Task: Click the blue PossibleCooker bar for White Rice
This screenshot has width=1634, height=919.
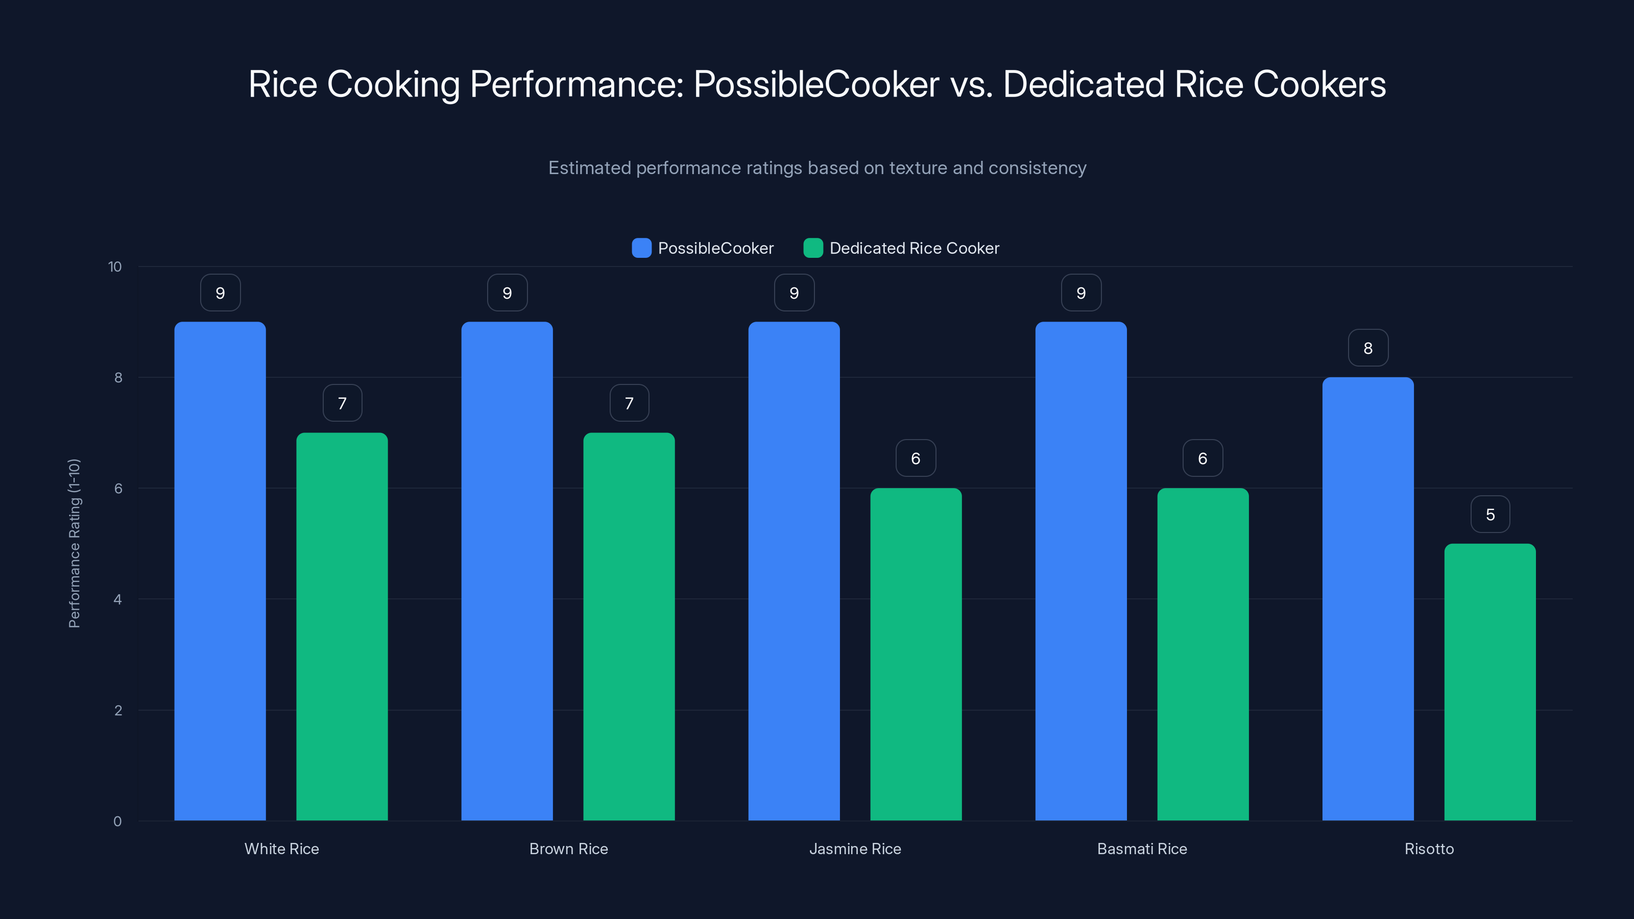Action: tap(220, 571)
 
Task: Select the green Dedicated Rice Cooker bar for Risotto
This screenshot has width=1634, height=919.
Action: tap(1489, 682)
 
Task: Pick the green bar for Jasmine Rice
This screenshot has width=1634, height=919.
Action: tap(916, 654)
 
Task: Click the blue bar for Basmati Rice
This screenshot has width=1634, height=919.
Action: tap(1081, 571)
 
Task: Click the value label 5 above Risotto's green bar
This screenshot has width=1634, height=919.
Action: tap(1490, 514)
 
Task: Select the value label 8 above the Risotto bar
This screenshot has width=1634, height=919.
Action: tap(1367, 348)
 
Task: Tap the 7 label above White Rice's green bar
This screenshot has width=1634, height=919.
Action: tap(343, 403)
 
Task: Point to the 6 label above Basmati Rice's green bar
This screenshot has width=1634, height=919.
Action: tap(1203, 458)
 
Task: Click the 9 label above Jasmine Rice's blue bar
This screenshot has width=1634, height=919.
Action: tap(794, 293)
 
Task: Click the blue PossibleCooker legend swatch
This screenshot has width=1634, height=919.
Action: tap(641, 248)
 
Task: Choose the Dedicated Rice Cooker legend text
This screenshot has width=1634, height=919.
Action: tap(914, 248)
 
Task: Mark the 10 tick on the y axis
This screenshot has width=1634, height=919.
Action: tap(115, 267)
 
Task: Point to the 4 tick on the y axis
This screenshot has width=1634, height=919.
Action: tap(117, 599)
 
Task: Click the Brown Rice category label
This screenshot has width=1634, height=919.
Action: tap(568, 849)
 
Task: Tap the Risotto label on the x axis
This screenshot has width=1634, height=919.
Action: tap(1429, 849)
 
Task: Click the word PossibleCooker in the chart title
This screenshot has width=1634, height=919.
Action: tap(816, 84)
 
